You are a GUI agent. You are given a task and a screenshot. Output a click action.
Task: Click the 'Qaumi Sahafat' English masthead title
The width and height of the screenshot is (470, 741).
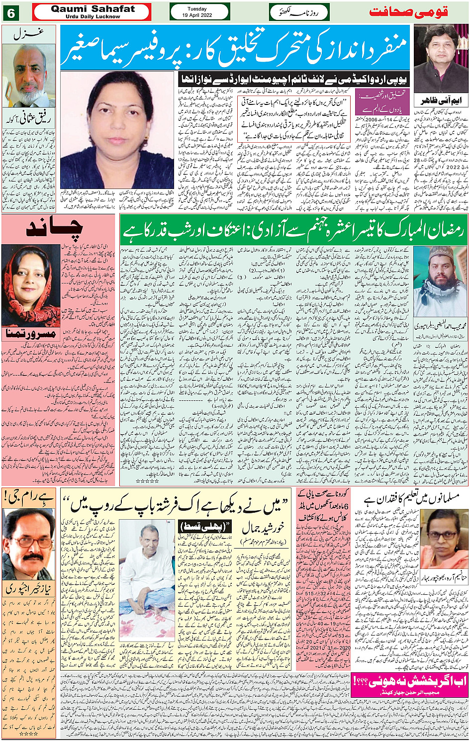pos(93,9)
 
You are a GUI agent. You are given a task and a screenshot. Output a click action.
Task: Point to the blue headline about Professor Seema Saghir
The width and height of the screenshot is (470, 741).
pos(235,47)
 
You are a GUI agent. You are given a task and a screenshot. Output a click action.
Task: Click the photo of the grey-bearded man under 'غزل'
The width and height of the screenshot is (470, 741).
pos(29,75)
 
